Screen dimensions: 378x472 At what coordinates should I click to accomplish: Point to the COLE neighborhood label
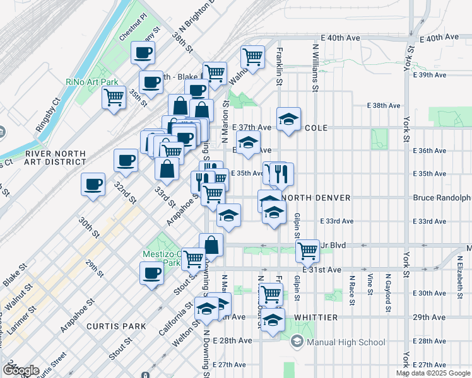316,127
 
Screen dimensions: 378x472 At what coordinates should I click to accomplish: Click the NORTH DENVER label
318,198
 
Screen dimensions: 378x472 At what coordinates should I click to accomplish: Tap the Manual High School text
346,342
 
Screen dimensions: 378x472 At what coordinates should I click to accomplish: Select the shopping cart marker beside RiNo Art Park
114,98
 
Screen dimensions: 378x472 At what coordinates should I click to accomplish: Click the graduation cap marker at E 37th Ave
288,119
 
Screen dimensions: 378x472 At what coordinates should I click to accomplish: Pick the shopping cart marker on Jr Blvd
307,250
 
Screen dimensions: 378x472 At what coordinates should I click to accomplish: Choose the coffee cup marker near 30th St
93,184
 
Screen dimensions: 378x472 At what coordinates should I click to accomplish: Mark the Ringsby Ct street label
47,114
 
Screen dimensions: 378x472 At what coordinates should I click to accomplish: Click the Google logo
20,370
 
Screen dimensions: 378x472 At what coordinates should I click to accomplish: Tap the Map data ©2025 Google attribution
433,373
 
